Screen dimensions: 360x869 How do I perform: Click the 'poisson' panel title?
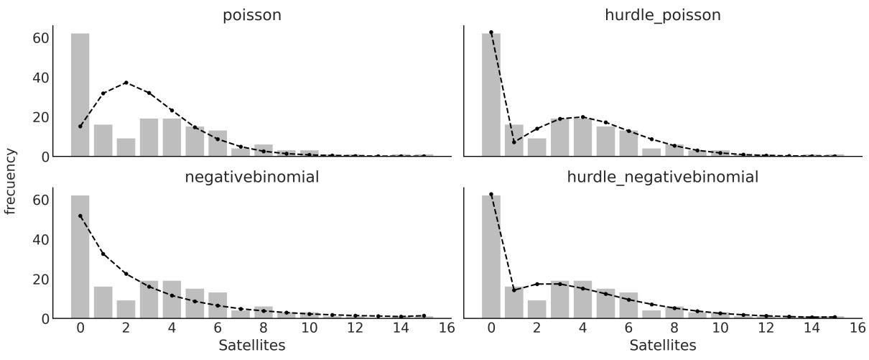pyautogui.click(x=252, y=15)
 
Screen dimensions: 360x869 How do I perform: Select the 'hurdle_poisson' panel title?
pyautogui.click(x=662, y=15)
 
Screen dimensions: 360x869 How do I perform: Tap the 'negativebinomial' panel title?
pyautogui.click(x=252, y=177)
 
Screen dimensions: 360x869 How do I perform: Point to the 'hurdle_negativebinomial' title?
pyautogui.click(x=662, y=177)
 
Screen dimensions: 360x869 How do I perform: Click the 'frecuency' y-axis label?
pyautogui.click(x=11, y=181)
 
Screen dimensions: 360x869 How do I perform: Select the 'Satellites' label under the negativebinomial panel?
pyautogui.click(x=251, y=346)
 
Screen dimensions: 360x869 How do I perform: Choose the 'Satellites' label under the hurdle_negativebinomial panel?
pyautogui.click(x=662, y=346)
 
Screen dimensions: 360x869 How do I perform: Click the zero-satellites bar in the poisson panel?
pyautogui.click(x=80, y=94)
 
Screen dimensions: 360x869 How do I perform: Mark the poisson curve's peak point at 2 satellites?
pyautogui.click(x=126, y=83)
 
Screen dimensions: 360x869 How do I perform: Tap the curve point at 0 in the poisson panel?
pyautogui.click(x=80, y=126)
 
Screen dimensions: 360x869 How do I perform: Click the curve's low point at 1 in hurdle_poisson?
pyautogui.click(x=514, y=142)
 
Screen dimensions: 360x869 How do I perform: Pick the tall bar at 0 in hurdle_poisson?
pyautogui.click(x=491, y=94)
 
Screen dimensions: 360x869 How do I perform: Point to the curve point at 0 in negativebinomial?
pyautogui.click(x=80, y=216)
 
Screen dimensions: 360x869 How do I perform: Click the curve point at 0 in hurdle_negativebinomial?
pyautogui.click(x=491, y=194)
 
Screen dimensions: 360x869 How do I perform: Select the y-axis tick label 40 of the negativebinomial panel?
pyautogui.click(x=38, y=239)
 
